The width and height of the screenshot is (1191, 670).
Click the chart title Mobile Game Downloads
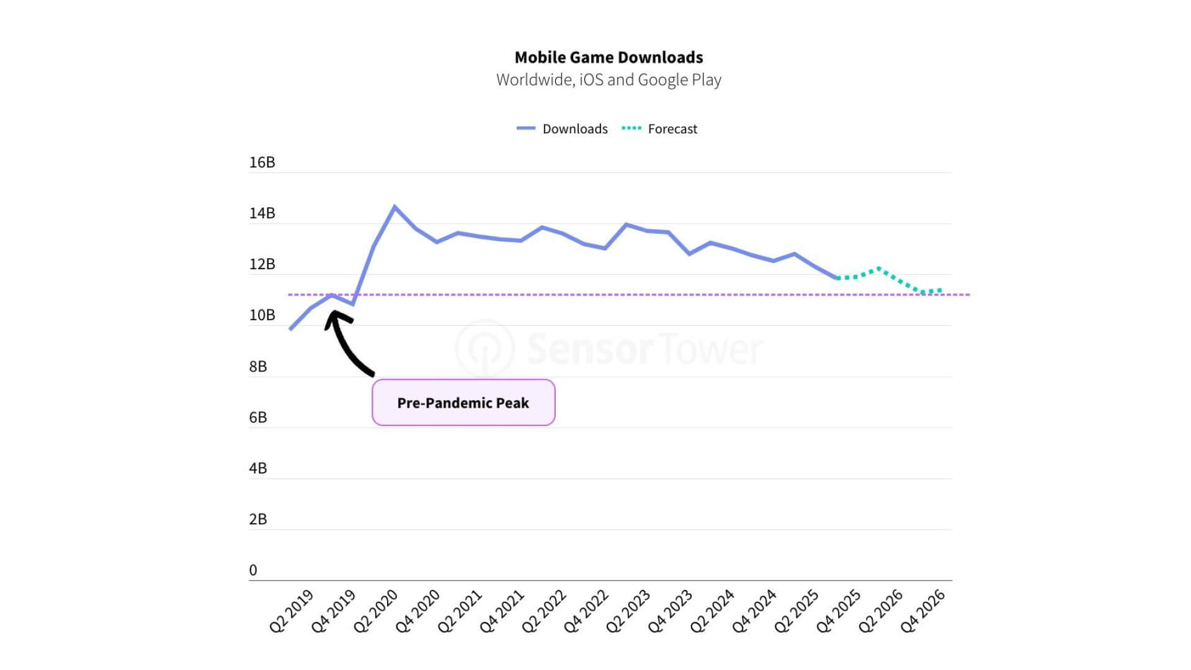[x=609, y=58]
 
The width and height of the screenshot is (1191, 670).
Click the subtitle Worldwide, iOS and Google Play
[x=609, y=80]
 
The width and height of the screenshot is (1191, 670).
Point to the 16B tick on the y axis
[x=262, y=163]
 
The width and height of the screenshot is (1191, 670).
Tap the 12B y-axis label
[x=262, y=264]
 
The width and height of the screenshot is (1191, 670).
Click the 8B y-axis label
[x=258, y=367]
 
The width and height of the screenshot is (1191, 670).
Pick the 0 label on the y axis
[x=253, y=570]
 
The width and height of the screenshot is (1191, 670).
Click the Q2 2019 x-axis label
[x=292, y=611]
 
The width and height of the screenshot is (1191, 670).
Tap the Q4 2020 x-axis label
[x=418, y=611]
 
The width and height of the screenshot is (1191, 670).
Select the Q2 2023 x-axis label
[x=628, y=611]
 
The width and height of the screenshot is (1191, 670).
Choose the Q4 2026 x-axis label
[x=923, y=611]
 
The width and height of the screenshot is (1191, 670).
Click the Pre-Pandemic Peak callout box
[x=463, y=403]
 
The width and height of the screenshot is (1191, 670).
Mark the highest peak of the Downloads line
[x=395, y=207]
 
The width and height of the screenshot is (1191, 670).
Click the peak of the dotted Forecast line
[x=878, y=269]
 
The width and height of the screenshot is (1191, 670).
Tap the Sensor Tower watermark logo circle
[x=485, y=349]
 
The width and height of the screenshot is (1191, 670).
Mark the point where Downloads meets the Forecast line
[x=837, y=278]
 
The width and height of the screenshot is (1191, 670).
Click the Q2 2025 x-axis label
[x=796, y=611]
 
